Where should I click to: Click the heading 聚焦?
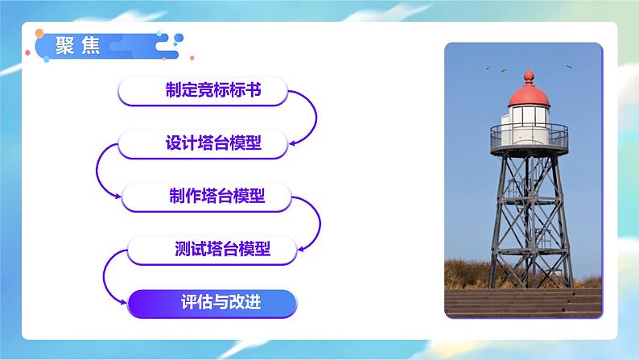pyautogui.click(x=78, y=46)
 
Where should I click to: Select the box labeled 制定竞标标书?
pyautogui.click(x=203, y=90)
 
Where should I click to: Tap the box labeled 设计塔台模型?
pyautogui.click(x=203, y=143)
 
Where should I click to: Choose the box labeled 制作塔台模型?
pyautogui.click(x=207, y=197)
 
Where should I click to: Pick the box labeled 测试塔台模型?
pyautogui.click(x=212, y=250)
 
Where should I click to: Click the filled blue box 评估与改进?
pyautogui.click(x=212, y=303)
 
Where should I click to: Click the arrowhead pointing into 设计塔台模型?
pyautogui.click(x=292, y=143)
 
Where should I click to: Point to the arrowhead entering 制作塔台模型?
pyautogui.click(x=117, y=197)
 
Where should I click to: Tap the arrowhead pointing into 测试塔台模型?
pyautogui.click(x=301, y=249)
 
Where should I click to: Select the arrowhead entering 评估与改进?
pyautogui.click(x=123, y=302)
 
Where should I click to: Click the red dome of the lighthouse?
pyautogui.click(x=529, y=97)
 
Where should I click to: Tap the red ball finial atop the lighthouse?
pyautogui.click(x=529, y=76)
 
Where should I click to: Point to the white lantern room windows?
pyautogui.click(x=529, y=115)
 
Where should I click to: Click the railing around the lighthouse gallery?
pyautogui.click(x=529, y=138)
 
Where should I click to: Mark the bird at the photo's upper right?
pyautogui.click(x=569, y=67)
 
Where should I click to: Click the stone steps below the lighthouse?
pyautogui.click(x=523, y=303)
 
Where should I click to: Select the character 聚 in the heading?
pyautogui.click(x=65, y=46)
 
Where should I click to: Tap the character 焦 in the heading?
pyautogui.click(x=90, y=46)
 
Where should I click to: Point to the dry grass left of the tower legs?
pyautogui.click(x=467, y=274)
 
